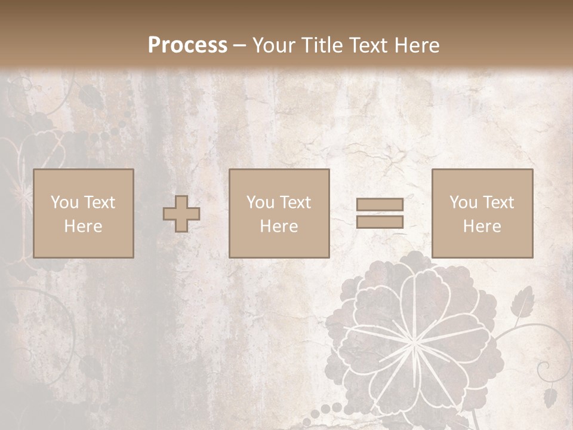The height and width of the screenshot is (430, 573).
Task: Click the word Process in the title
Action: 187,45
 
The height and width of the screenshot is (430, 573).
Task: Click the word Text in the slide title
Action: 367,45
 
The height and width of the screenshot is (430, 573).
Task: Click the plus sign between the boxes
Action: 181,214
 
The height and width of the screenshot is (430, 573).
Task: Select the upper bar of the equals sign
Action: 380,204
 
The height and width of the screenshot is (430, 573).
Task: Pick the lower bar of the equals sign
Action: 380,222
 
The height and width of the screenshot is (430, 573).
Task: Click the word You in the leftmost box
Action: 64,202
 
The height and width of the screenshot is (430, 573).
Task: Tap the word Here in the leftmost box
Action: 83,226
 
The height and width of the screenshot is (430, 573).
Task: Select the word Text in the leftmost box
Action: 99,202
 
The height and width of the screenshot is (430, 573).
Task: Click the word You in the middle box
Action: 260,202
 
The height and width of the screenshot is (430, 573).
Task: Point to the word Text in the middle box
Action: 295,202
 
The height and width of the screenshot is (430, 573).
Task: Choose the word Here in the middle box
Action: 279,226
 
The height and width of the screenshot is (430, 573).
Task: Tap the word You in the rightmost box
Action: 463,202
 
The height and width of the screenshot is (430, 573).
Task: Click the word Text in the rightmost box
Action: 498,202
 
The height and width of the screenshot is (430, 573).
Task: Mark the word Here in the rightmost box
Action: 482,226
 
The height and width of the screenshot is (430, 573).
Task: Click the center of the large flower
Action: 413,340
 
